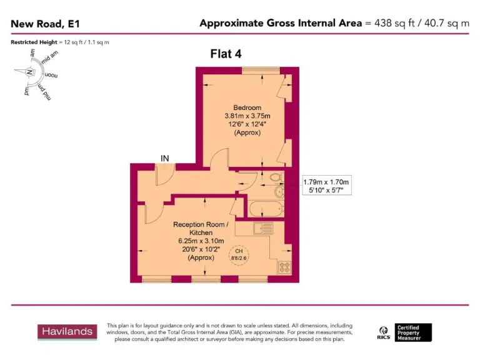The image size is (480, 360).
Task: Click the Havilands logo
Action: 67,332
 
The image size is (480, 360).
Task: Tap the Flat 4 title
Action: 226,54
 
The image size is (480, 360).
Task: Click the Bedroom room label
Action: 247,107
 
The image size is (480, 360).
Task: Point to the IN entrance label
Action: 165,159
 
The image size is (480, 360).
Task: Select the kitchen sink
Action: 263,229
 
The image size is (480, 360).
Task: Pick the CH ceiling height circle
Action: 239,257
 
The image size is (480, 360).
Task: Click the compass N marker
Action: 29,72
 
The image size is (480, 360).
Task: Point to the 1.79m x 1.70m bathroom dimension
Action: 327,182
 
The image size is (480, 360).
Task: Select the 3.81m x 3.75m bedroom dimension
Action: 247,116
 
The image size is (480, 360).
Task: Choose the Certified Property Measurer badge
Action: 412,332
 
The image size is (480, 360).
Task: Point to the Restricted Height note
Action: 61,42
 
